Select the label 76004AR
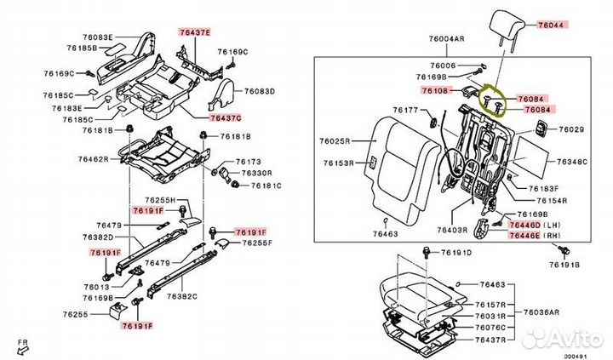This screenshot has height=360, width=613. [x=447, y=39]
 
